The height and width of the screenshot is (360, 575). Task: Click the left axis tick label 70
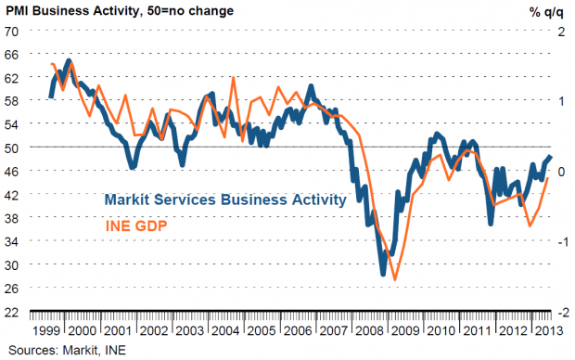(11, 32)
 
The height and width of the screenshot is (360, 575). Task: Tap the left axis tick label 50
(11, 148)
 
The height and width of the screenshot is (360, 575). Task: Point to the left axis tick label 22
(11, 313)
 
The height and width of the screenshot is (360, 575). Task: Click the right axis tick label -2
(563, 313)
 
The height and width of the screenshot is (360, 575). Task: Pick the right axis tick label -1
(563, 242)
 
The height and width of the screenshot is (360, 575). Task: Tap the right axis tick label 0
(561, 172)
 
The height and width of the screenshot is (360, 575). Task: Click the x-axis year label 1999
(45, 330)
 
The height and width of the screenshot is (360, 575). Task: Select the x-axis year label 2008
(369, 330)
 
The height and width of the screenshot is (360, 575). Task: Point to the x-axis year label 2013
(549, 330)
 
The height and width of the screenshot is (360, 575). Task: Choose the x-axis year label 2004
(225, 330)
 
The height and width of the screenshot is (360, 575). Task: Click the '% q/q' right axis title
(546, 12)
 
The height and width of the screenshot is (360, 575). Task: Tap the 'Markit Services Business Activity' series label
(225, 199)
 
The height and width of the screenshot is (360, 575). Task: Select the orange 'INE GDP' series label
(136, 225)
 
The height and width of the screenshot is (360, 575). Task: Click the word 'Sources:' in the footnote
(33, 350)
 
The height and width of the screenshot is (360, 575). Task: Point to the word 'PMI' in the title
(18, 10)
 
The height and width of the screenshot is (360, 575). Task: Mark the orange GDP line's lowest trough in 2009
(395, 280)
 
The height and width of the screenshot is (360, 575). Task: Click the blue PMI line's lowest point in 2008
(383, 274)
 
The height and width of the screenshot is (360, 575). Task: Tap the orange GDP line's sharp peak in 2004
(233, 78)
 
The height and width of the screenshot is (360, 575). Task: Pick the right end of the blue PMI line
(551, 156)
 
